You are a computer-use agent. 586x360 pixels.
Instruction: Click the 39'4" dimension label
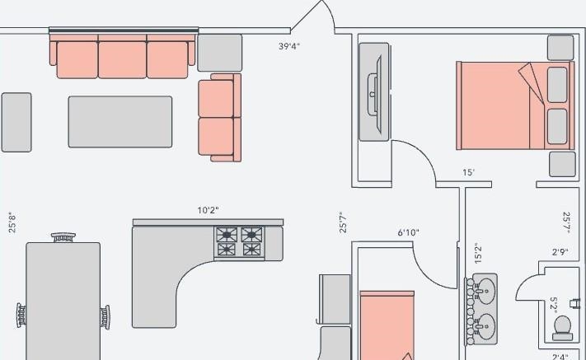point(289,46)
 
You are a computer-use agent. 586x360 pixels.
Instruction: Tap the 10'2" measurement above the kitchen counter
point(208,210)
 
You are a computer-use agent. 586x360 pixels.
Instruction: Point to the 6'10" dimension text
point(408,232)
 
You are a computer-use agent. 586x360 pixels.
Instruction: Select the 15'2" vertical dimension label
point(478,253)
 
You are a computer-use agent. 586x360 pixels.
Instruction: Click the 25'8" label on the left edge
point(12,222)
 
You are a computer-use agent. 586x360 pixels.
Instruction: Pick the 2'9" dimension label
point(560,252)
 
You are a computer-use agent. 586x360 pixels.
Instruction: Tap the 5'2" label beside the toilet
point(554,305)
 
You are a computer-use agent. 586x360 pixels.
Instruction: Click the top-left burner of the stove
point(227,235)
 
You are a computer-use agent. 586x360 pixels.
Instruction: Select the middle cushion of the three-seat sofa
point(122,60)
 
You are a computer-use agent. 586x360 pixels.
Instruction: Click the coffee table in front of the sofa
point(120,122)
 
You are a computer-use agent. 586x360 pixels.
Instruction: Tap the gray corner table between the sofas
point(220,53)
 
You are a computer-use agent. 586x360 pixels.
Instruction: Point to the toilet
point(563,328)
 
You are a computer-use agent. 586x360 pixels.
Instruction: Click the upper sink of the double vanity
point(485,291)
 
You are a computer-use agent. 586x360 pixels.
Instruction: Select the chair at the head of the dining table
point(63,237)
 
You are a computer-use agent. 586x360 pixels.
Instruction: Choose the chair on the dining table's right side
point(105,317)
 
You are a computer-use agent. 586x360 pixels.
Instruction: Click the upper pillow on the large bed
point(557,85)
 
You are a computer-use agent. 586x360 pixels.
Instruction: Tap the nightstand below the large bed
point(562,164)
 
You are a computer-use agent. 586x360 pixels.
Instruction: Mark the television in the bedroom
point(379,94)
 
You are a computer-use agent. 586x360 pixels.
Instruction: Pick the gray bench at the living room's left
point(16,123)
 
